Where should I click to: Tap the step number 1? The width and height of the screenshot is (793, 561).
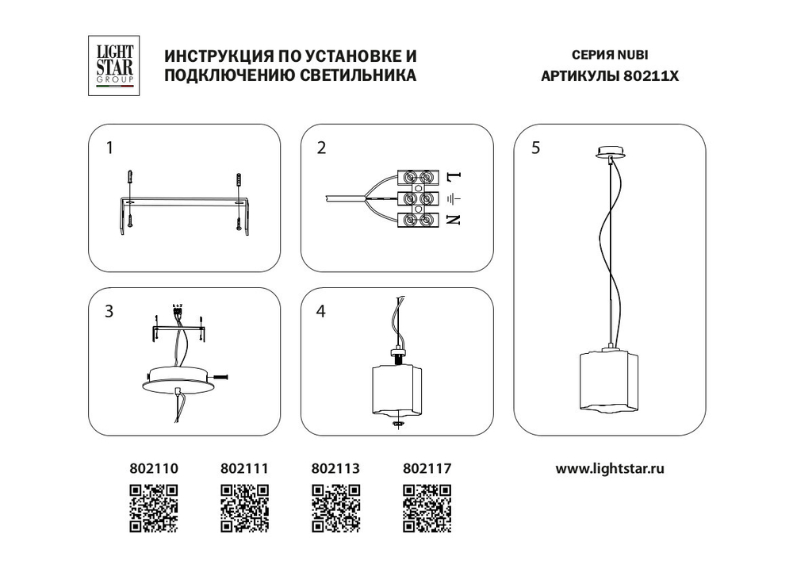pyautogui.click(x=110, y=148)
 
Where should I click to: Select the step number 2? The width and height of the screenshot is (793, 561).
pyautogui.click(x=321, y=148)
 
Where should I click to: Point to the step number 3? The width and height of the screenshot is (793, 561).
pyautogui.click(x=109, y=312)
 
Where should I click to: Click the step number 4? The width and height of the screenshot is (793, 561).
pyautogui.click(x=321, y=312)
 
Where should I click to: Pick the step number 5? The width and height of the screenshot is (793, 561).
pyautogui.click(x=537, y=148)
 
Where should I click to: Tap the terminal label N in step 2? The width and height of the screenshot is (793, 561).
pyautogui.click(x=453, y=220)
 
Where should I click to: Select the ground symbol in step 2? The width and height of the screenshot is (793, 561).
pyautogui.click(x=454, y=198)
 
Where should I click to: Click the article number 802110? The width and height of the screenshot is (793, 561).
pyautogui.click(x=154, y=469)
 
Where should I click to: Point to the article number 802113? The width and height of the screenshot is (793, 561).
pyautogui.click(x=336, y=469)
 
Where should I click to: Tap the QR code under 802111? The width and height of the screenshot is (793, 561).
pyautogui.click(x=244, y=508)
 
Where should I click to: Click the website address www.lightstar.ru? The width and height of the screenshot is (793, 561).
pyautogui.click(x=609, y=468)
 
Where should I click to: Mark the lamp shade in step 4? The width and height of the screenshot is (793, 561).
pyautogui.click(x=397, y=389)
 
